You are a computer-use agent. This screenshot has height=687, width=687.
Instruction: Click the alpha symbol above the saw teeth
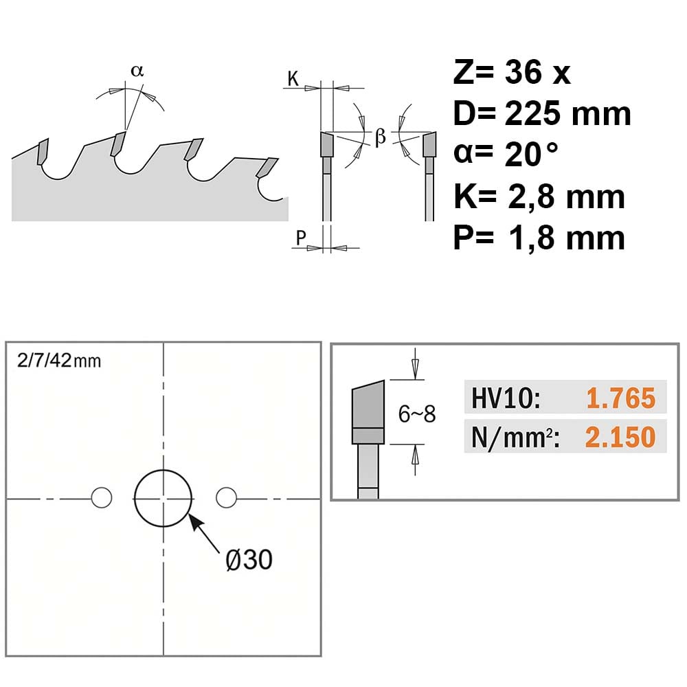point(137,71)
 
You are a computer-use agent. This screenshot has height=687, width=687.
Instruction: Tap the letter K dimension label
point(293,79)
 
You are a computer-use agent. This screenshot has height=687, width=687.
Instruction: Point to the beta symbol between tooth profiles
point(381,137)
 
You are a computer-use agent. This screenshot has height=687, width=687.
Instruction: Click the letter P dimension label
point(301,238)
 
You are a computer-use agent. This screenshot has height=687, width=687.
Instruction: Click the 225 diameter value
point(532,113)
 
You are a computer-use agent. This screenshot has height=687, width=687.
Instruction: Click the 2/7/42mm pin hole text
point(59,361)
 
